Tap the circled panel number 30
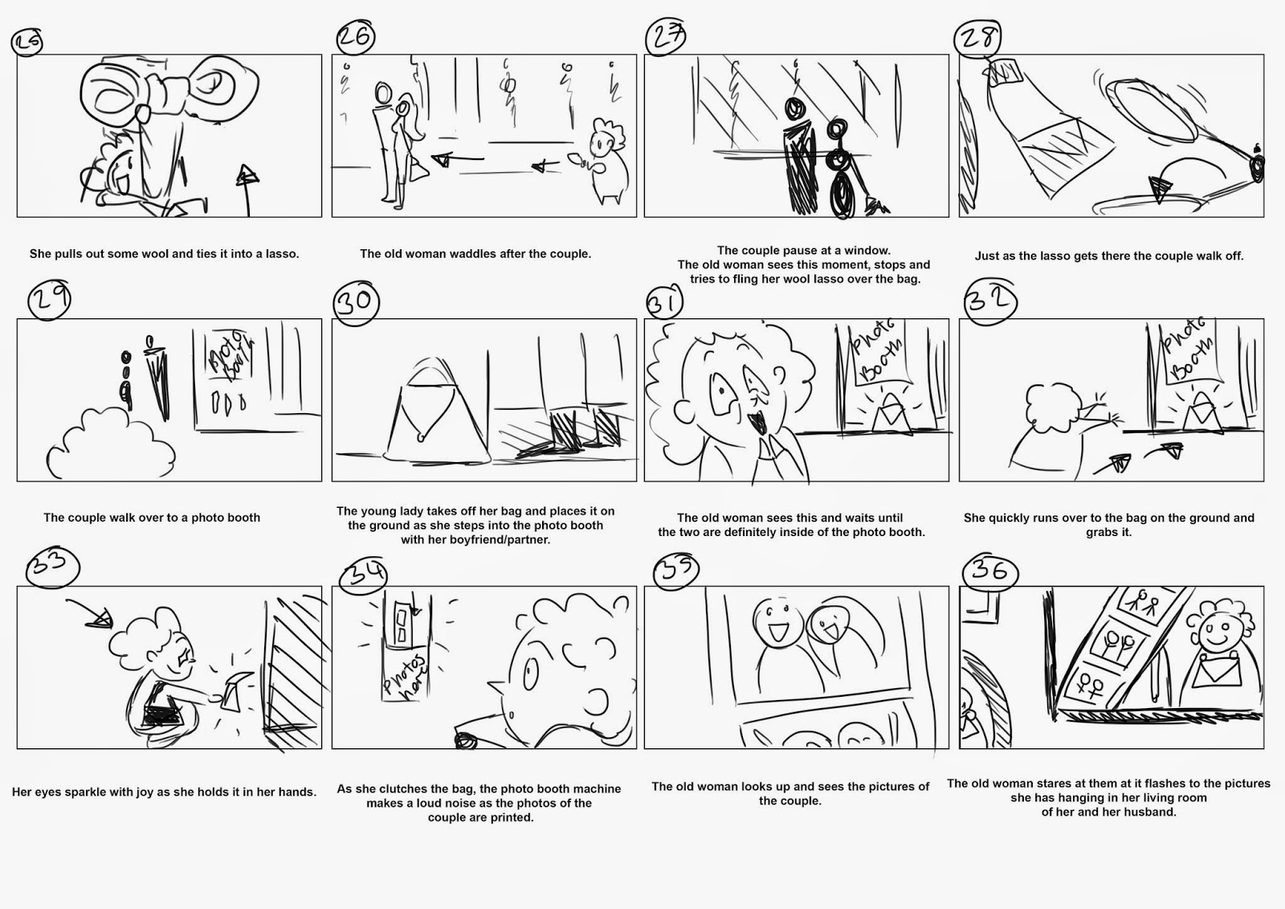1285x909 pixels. (354, 301)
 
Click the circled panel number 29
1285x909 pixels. (50, 301)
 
